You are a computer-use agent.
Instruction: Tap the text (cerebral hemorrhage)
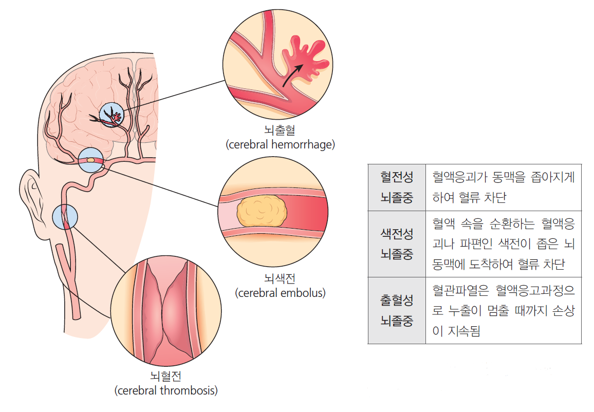[280, 145]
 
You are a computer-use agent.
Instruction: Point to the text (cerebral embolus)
[280, 293]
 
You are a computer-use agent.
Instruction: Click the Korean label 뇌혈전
[165, 377]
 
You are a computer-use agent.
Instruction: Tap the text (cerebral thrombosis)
[165, 390]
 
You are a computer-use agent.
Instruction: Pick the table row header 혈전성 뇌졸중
[397, 188]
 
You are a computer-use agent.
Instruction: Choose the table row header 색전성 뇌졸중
[397, 244]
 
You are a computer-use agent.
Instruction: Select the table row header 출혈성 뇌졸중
[397, 310]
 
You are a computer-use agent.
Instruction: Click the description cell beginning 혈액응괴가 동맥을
[503, 188]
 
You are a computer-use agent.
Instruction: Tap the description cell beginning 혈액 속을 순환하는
[503, 244]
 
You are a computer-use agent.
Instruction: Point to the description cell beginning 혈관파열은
[503, 310]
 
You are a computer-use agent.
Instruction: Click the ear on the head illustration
[32, 198]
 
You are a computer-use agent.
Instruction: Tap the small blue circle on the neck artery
[65, 216]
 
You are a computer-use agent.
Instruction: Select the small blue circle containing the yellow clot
[91, 160]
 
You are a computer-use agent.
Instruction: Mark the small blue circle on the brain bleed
[111, 115]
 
